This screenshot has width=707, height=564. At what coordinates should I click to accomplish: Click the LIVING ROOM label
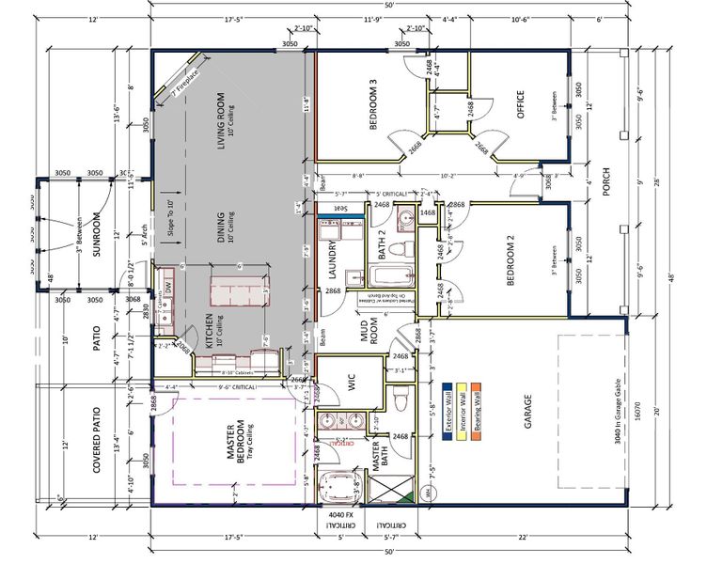point(221,120)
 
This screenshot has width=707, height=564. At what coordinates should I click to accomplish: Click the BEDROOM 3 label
point(373,105)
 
